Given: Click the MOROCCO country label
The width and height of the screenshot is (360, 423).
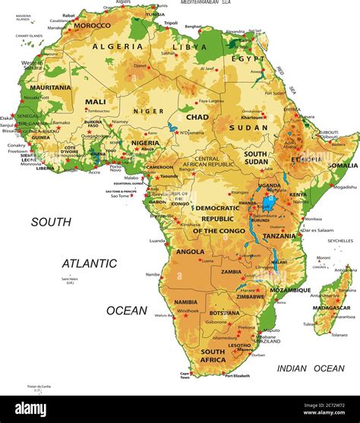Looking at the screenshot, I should point(92,25).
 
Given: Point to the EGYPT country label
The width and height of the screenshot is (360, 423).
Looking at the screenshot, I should point(248,58).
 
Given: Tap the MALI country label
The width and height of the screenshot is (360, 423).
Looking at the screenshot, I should point(96,101).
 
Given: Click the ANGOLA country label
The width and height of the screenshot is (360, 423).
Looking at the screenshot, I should point(190,251).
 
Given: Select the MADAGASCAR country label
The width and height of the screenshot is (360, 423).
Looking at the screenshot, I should point(332,309).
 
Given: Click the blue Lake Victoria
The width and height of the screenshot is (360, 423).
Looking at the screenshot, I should point(267,203).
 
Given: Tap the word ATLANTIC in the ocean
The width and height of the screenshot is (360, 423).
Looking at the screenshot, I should point(90,264).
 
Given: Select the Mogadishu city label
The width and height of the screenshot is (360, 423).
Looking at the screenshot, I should point(344,187).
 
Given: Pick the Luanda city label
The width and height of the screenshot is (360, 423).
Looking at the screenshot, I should point(158,240).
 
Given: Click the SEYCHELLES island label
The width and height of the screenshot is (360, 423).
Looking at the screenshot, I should point(340,241).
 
